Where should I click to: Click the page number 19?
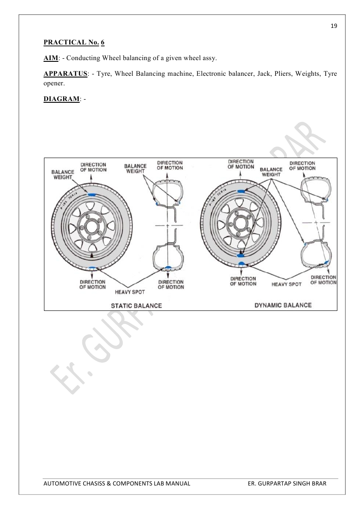(334, 26)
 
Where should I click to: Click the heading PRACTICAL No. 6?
(74, 43)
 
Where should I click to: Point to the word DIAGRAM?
(61, 99)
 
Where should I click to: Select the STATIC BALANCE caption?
(136, 306)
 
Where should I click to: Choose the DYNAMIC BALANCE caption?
(283, 305)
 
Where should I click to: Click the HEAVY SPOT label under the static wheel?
(130, 291)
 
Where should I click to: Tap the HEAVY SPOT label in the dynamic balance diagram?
(286, 284)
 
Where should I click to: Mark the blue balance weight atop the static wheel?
(91, 194)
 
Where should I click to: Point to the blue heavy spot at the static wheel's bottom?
(91, 268)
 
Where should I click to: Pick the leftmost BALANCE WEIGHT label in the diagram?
(63, 175)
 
